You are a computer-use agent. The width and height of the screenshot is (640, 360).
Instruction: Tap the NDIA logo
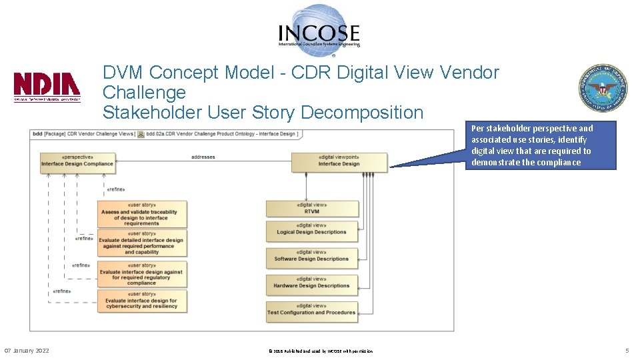coord(47,87)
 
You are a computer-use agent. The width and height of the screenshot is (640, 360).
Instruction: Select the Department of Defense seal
coord(603,89)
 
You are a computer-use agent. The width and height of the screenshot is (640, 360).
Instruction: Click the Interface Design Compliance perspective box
coord(77,163)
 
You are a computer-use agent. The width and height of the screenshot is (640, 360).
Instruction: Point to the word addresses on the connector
coord(203,157)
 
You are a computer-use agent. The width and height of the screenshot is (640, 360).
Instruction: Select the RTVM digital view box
coord(311,208)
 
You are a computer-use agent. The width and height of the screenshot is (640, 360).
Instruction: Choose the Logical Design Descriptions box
coord(311,231)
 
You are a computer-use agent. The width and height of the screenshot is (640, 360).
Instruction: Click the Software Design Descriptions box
coord(311,258)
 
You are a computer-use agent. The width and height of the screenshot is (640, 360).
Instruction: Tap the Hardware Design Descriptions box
coord(311,285)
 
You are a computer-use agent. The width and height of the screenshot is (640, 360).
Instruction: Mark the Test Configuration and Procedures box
coord(311,311)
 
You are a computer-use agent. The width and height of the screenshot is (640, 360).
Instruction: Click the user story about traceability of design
coord(141,214)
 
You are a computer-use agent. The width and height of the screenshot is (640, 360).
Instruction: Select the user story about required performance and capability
coord(141,243)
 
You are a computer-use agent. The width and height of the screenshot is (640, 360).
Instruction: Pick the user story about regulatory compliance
coord(141,274)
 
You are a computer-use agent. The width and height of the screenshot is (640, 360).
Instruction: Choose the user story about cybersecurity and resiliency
coord(141,301)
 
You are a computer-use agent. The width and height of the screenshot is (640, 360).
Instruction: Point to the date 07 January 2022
coord(27,351)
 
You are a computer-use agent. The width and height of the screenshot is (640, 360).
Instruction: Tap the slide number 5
coord(627,351)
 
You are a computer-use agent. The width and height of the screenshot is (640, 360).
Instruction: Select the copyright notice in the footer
coord(320,351)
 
